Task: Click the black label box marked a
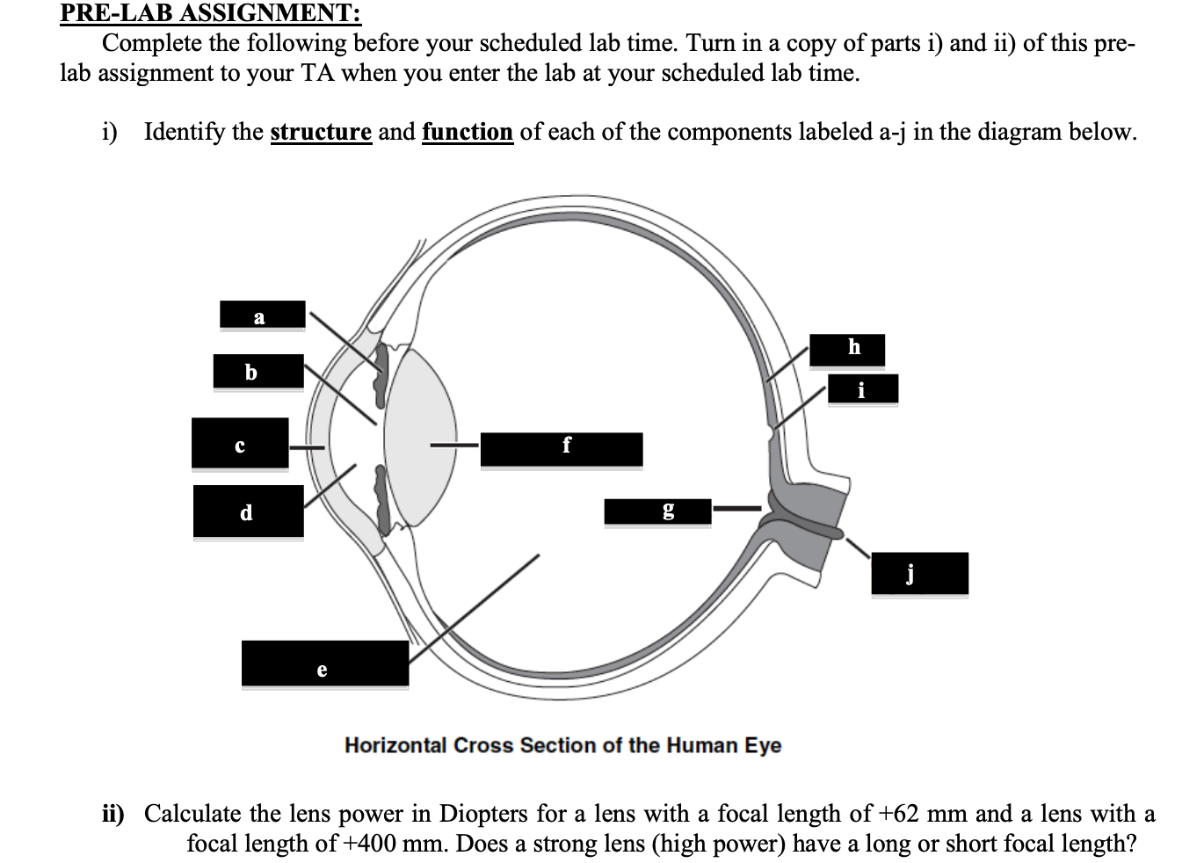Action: click(262, 315)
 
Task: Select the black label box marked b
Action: click(258, 372)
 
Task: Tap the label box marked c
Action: click(240, 443)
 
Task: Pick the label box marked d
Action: click(248, 511)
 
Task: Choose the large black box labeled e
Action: click(324, 664)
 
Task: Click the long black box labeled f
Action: click(561, 449)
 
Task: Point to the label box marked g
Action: click(656, 511)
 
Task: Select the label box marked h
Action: click(847, 349)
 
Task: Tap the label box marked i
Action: click(862, 388)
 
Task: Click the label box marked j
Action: click(919, 574)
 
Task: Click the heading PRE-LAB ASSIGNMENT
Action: click(210, 13)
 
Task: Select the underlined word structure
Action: click(321, 132)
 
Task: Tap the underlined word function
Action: click(468, 132)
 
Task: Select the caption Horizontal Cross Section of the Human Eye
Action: click(562, 745)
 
